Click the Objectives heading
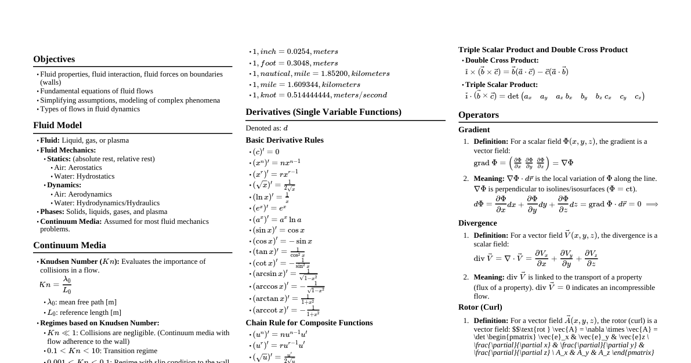(54, 59)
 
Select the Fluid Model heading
(57, 125)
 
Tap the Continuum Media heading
(70, 245)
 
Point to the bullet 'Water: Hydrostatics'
(84, 176)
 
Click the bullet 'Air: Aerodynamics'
(83, 194)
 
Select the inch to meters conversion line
(295, 52)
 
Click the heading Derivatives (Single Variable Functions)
(323, 112)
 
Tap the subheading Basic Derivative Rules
(284, 140)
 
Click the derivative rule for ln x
(271, 197)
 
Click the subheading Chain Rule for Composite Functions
(309, 323)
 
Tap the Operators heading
(478, 115)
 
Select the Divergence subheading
(477, 223)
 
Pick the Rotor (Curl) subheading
(480, 307)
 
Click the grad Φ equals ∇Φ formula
(523, 164)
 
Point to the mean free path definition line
(82, 302)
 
